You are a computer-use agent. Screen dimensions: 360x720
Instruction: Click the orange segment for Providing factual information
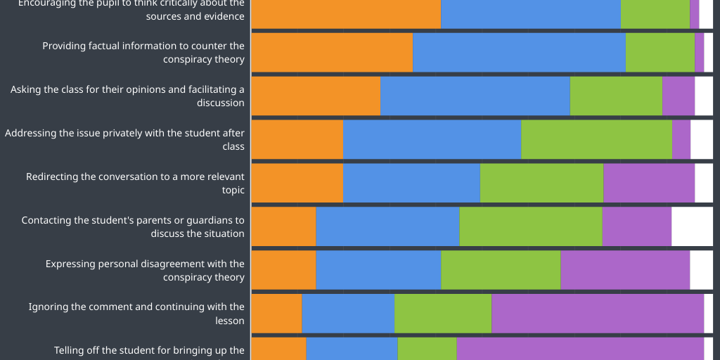332,53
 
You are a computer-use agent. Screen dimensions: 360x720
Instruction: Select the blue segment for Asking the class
475,96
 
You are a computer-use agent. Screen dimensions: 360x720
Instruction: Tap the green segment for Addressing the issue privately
596,139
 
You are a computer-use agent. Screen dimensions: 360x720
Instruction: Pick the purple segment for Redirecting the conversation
649,183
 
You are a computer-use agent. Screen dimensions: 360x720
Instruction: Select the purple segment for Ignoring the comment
598,314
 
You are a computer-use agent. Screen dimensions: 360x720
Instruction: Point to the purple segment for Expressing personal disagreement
625,270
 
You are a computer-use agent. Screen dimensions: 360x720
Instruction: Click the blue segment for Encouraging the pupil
531,14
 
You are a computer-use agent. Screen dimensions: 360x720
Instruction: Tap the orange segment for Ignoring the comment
276,314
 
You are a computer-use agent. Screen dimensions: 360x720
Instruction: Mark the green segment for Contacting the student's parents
531,226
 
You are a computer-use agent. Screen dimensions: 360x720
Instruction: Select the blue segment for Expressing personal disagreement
378,270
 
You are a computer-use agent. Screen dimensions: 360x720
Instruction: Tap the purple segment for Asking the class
679,96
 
